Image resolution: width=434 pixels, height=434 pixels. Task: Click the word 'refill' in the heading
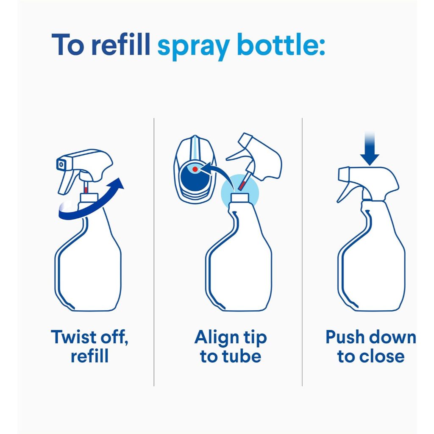point(121,44)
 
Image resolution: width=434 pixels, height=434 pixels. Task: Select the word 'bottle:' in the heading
point(281,44)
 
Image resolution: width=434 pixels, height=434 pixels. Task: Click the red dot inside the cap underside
point(195,169)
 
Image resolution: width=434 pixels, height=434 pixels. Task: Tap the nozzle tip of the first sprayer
point(61,165)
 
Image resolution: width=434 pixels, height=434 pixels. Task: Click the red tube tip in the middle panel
point(242,185)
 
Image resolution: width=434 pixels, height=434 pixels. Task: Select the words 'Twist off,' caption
point(89,337)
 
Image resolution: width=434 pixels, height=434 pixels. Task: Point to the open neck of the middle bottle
point(240,198)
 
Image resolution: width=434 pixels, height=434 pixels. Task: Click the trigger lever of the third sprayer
point(345,193)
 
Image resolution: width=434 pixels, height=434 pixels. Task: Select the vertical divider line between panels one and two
point(154,252)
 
